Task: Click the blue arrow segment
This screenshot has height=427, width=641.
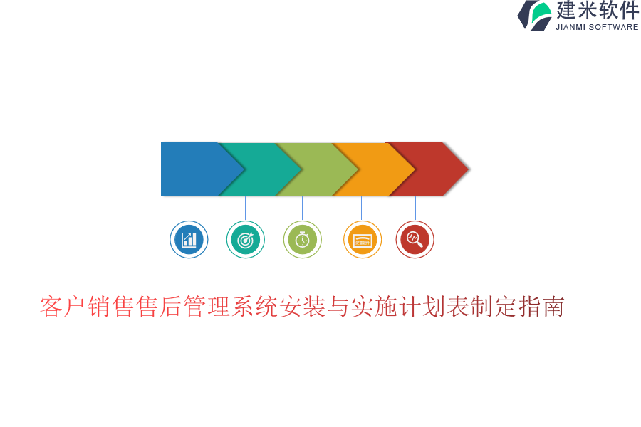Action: [197, 169]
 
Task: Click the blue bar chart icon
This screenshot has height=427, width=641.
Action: [189, 239]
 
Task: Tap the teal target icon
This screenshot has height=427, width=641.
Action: [245, 239]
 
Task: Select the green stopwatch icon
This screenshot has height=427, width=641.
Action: [303, 239]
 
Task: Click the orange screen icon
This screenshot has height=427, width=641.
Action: [363, 239]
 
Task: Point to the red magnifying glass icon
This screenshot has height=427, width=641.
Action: [415, 239]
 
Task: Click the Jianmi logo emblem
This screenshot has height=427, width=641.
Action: [535, 16]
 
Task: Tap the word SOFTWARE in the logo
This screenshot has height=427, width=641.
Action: [614, 27]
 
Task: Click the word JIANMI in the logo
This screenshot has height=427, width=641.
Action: [570, 27]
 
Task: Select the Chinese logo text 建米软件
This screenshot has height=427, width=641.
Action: [598, 10]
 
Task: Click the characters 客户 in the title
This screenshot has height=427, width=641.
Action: [63, 307]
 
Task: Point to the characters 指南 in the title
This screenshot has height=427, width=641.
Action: [541, 307]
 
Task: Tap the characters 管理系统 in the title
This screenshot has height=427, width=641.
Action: [231, 307]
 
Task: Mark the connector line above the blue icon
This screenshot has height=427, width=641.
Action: [189, 209]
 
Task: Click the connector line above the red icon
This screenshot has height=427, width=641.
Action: [415, 209]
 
